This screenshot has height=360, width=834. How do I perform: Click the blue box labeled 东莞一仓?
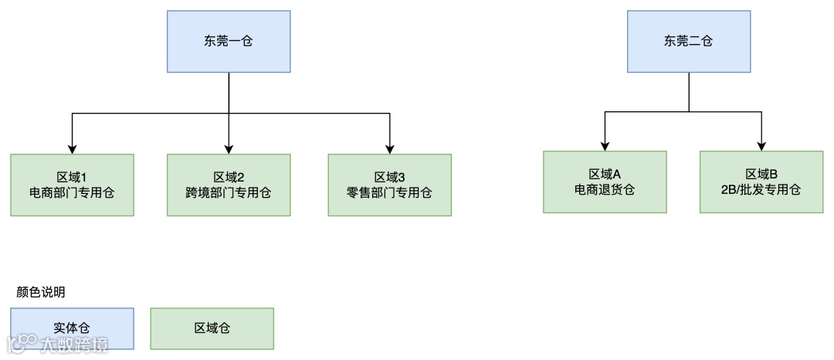tap(229, 42)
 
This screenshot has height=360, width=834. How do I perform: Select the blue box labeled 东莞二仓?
tap(689, 42)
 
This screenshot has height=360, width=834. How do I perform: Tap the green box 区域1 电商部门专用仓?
tap(72, 185)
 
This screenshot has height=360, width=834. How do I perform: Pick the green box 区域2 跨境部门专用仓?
tap(229, 185)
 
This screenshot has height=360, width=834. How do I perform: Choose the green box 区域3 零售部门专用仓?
tap(390, 185)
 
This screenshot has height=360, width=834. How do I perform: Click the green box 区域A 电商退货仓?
tap(605, 182)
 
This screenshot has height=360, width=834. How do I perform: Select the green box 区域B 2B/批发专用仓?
tap(761, 182)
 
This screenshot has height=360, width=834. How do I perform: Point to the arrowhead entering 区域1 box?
tap(72, 149)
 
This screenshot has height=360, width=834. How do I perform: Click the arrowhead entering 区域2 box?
tap(229, 149)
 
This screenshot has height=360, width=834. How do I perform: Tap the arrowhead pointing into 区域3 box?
tap(390, 149)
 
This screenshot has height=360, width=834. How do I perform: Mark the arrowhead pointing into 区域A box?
tap(605, 146)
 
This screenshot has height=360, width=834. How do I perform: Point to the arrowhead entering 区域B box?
tap(762, 146)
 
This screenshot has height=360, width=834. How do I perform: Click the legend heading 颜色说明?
tap(41, 293)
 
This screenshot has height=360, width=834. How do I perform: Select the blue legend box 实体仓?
tap(72, 328)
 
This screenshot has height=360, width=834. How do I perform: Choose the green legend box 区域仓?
tap(212, 328)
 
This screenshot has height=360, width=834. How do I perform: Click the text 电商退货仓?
tap(605, 189)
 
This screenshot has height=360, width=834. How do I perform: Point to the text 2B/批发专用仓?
tap(761, 189)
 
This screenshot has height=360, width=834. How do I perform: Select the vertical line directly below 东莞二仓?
tap(689, 91)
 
